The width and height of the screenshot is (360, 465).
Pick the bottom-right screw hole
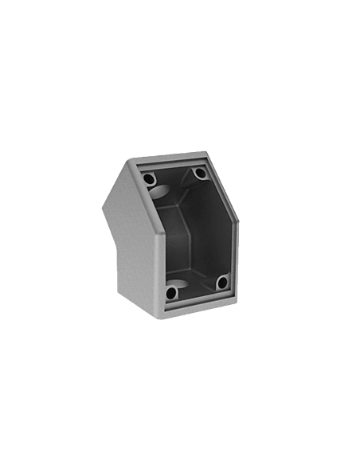tap(222, 283)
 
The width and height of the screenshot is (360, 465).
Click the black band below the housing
tap(180, 334)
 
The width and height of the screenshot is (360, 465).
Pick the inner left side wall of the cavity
tap(163, 239)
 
